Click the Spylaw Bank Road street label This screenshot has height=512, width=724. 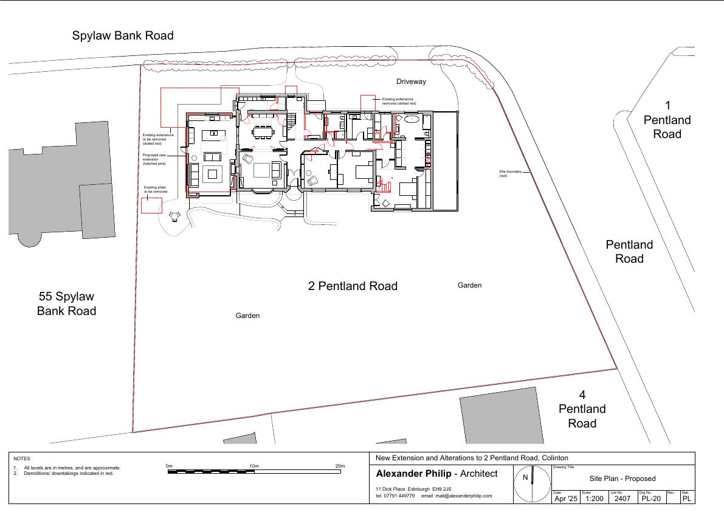[123, 35]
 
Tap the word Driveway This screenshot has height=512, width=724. [411, 81]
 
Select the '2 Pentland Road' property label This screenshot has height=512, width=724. [353, 286]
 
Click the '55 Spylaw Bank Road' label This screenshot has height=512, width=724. [66, 303]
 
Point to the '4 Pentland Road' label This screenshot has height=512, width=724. [582, 409]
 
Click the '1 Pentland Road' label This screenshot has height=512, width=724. [667, 120]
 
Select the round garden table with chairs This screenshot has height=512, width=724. [174, 216]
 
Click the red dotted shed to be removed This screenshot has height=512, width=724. [151, 206]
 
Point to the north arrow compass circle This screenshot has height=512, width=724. [532, 484]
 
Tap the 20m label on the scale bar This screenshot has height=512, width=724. [340, 466]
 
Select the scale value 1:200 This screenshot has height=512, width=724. [595, 499]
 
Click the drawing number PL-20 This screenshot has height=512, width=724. [651, 499]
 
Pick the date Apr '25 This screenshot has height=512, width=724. [566, 499]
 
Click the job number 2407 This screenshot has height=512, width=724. [622, 499]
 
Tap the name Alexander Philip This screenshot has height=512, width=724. [414, 474]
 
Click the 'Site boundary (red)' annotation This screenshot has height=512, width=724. [510, 173]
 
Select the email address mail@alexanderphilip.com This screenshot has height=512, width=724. [464, 496]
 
